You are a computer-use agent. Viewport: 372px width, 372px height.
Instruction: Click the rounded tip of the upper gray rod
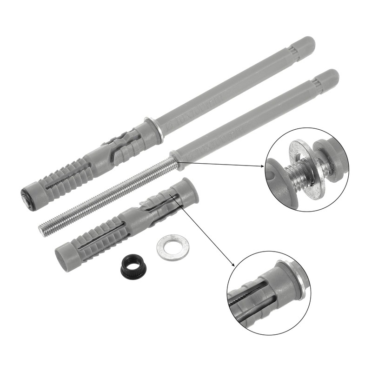[x=307, y=44]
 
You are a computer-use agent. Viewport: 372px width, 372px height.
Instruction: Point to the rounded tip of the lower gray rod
[x=331, y=76]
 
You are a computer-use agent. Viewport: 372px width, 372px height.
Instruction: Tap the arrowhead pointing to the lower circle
[x=231, y=263]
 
